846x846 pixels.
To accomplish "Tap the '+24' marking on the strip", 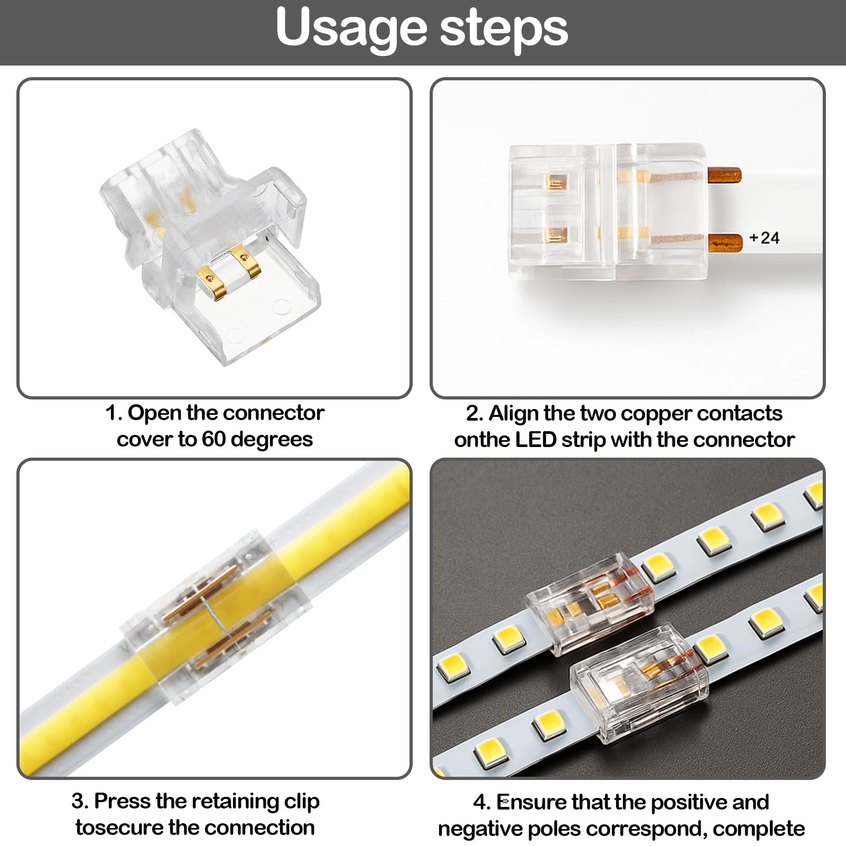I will pos(764,238).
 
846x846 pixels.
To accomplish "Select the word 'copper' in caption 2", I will pos(656,413).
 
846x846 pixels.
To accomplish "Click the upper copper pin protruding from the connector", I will pos(724,174).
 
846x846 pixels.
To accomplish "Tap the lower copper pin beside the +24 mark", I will pos(724,242).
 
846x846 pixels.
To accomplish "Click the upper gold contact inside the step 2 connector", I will pos(555,182).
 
